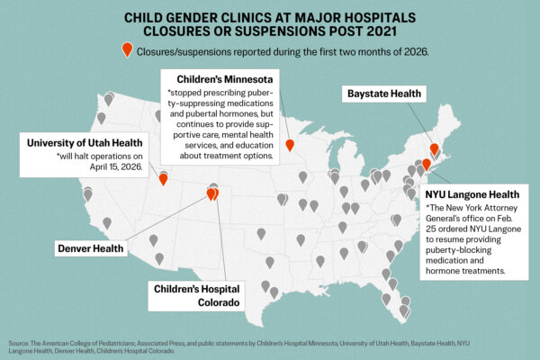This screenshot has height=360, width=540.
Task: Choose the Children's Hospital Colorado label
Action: [195, 295]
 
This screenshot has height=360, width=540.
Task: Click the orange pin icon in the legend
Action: [127, 50]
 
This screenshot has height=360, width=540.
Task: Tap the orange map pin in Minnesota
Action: [289, 145]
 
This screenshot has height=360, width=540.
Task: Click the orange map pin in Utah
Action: [163, 177]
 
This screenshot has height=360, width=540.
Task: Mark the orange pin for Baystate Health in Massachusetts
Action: [434, 148]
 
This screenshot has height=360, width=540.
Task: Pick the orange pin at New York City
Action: [427, 164]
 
